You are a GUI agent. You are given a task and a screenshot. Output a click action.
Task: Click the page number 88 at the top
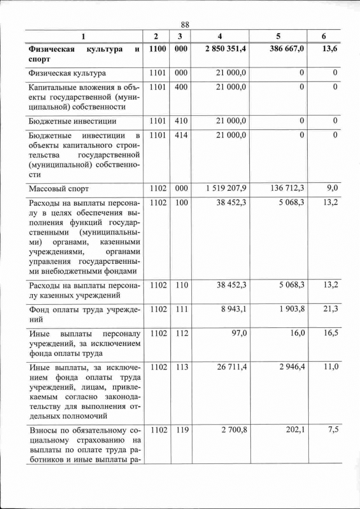tap(186, 24)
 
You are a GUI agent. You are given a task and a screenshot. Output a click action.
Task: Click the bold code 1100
tap(157, 49)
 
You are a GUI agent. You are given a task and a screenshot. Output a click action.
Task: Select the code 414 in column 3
tap(181, 136)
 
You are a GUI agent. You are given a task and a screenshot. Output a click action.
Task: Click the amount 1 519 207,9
tap(226, 188)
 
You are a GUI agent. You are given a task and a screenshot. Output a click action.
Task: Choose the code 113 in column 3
tap(181, 367)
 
